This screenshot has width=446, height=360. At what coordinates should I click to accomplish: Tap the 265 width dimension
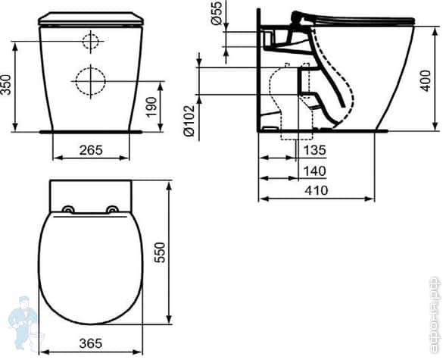[91, 149]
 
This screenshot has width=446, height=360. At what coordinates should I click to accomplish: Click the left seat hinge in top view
[69, 210]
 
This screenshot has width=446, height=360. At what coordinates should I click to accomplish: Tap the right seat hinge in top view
[112, 210]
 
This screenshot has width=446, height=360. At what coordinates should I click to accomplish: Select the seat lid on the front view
[90, 18]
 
